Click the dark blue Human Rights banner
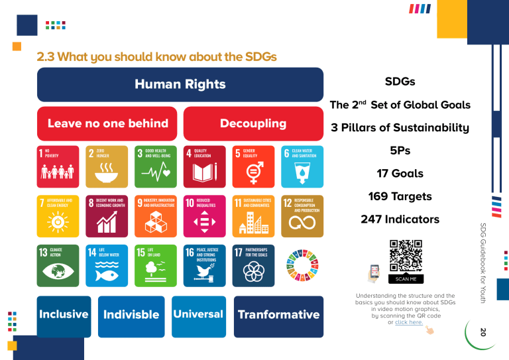(x=180, y=84)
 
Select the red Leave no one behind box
(x=107, y=123)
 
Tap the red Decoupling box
(x=253, y=123)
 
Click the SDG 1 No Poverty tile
(x=58, y=166)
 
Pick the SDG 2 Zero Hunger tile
(x=106, y=166)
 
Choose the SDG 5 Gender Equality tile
(x=253, y=166)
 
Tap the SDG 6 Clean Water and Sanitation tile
(x=302, y=166)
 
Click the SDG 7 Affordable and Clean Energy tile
(x=58, y=215)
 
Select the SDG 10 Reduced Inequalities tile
(x=205, y=215)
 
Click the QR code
(x=406, y=255)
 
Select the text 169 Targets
(x=400, y=196)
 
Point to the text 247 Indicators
(x=400, y=219)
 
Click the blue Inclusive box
(x=64, y=315)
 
